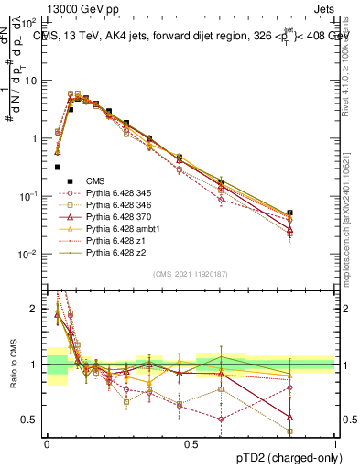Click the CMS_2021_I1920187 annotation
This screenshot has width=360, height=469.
coord(191,274)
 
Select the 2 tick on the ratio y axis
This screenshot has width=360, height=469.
coord(37,309)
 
